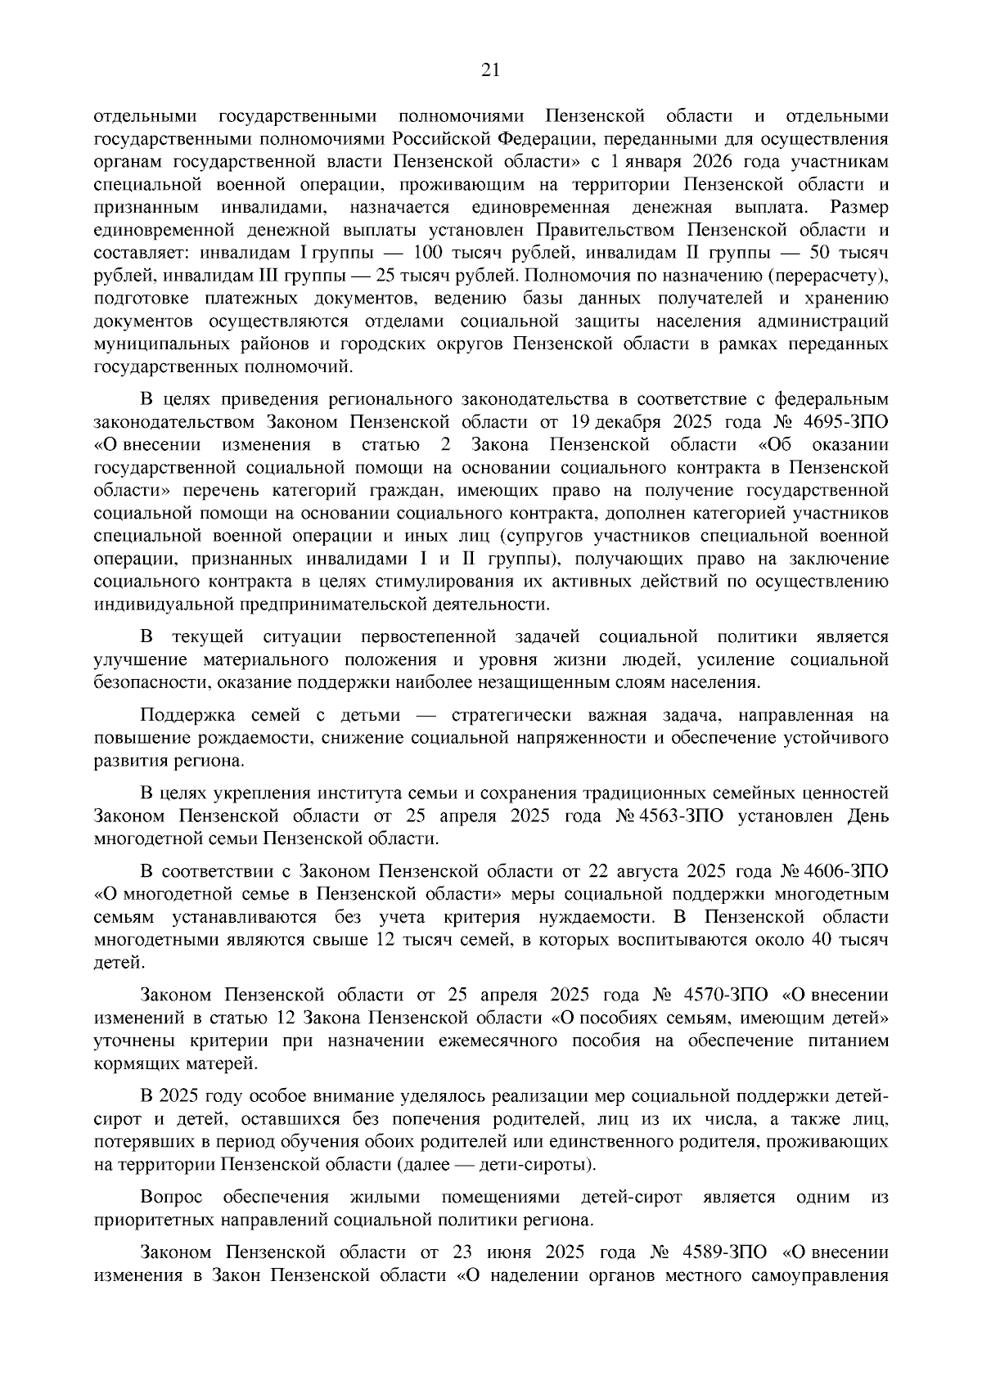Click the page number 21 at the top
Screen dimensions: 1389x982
(x=490, y=70)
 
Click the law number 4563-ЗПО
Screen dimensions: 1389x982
(x=685, y=816)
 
